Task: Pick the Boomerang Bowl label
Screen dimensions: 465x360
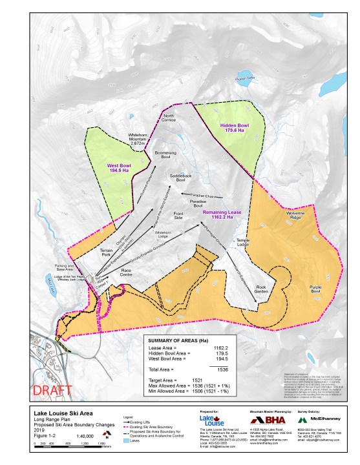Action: point(165,154)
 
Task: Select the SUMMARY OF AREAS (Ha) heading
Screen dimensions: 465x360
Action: point(178,340)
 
